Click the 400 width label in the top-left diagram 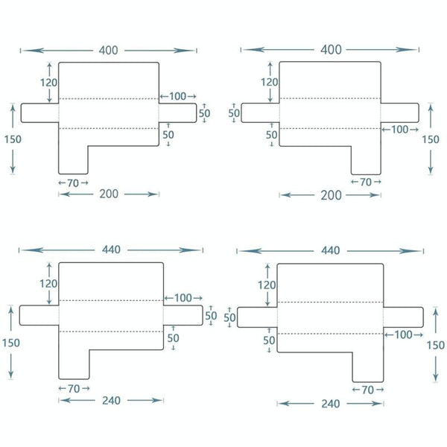point(108,50)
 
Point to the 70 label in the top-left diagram point(73,182)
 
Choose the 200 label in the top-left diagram point(109,194)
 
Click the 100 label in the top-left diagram point(177,97)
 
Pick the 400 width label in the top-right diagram point(330,50)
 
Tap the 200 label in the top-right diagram point(330,195)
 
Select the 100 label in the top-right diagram point(400,130)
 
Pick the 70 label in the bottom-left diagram point(73,388)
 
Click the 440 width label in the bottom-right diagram point(331,251)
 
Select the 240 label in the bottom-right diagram point(330,404)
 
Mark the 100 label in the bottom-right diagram point(404,335)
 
